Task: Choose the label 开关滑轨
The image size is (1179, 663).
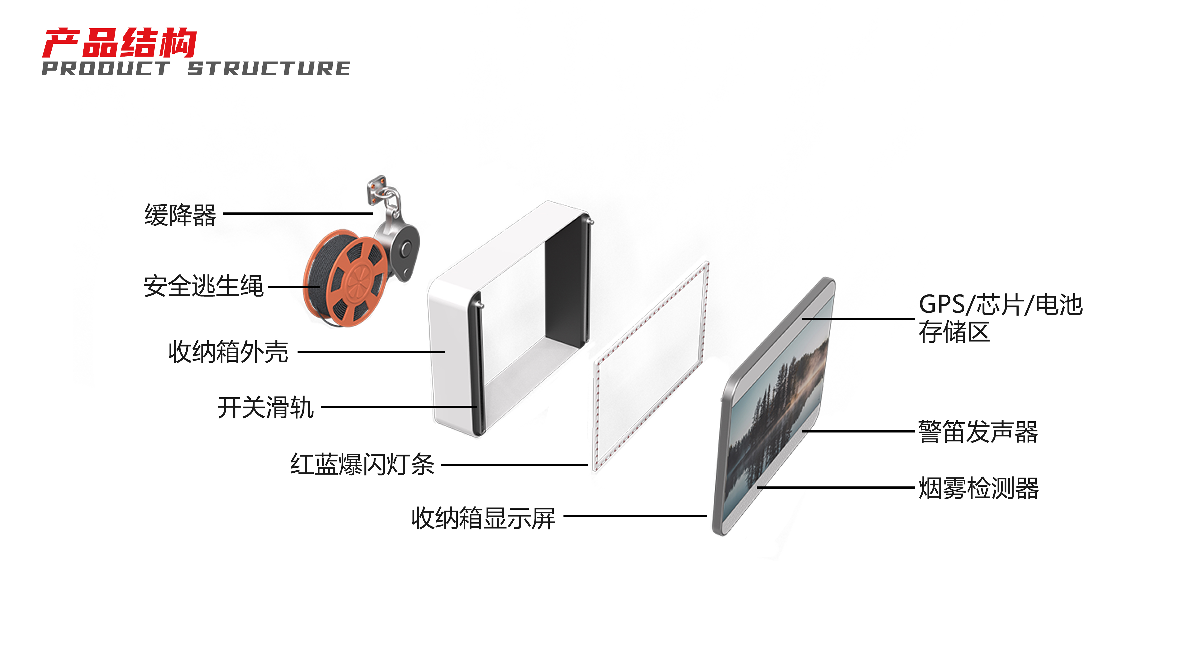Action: [265, 407]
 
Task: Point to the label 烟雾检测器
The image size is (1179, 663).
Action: [978, 488]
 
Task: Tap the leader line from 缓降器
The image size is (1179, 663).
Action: [298, 214]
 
